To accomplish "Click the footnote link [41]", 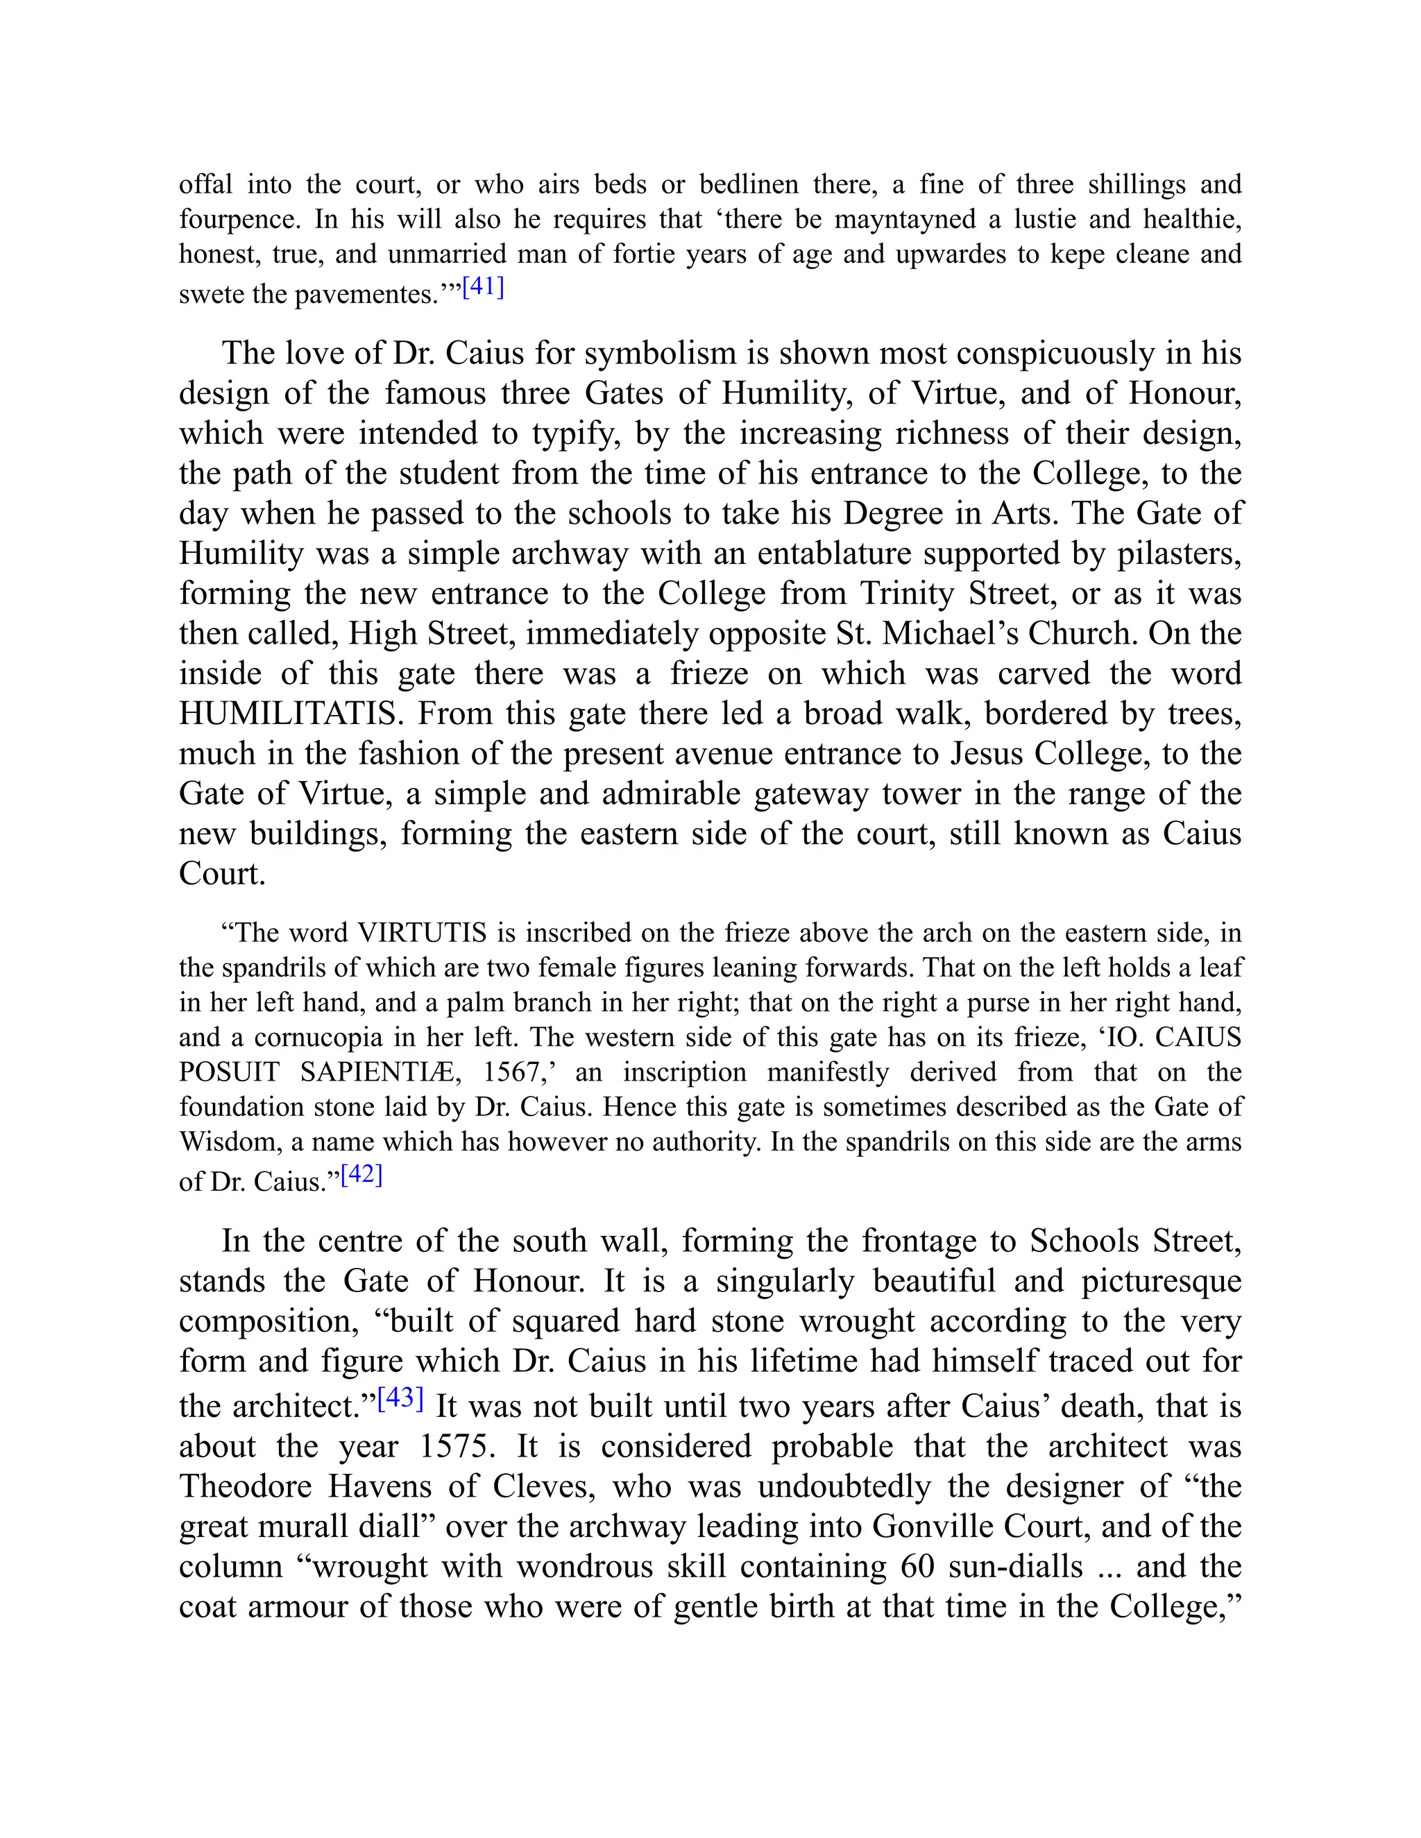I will click(x=483, y=288).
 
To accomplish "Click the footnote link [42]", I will click(x=362, y=1175).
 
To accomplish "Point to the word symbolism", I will click(x=660, y=354).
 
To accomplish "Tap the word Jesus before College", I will click(x=987, y=753).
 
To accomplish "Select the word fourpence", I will click(x=239, y=220).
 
